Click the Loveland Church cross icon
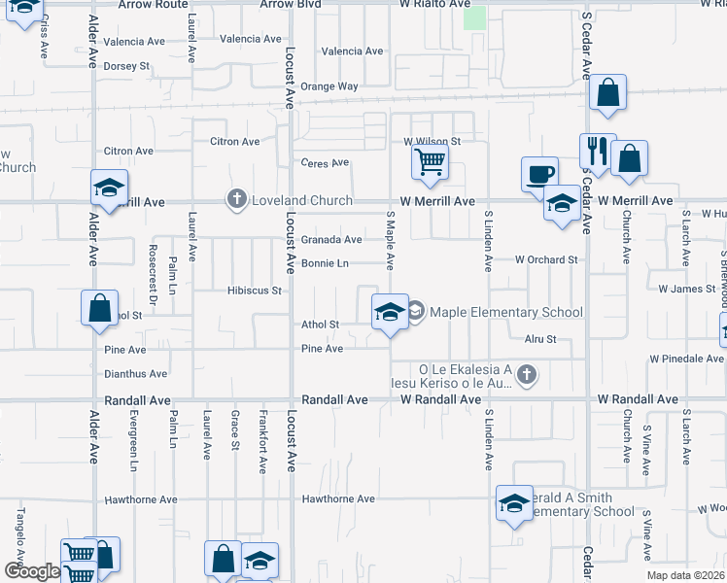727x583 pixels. pyautogui.click(x=236, y=200)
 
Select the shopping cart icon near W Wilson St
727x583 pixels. pyautogui.click(x=430, y=161)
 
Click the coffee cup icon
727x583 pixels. pyautogui.click(x=539, y=174)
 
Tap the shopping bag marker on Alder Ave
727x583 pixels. pyautogui.click(x=100, y=308)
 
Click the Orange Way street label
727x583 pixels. pyautogui.click(x=329, y=86)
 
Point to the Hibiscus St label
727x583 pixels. pyautogui.click(x=254, y=291)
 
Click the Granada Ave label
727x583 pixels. pyautogui.click(x=330, y=240)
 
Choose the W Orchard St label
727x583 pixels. pyautogui.click(x=546, y=260)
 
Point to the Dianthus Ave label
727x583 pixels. pyautogui.click(x=136, y=373)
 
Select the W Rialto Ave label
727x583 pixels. pyautogui.click(x=435, y=5)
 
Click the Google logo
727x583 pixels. pyautogui.click(x=31, y=571)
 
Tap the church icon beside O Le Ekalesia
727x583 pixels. pyautogui.click(x=526, y=374)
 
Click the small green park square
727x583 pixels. pyautogui.click(x=474, y=17)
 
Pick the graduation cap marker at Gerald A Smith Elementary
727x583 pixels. pyautogui.click(x=514, y=502)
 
